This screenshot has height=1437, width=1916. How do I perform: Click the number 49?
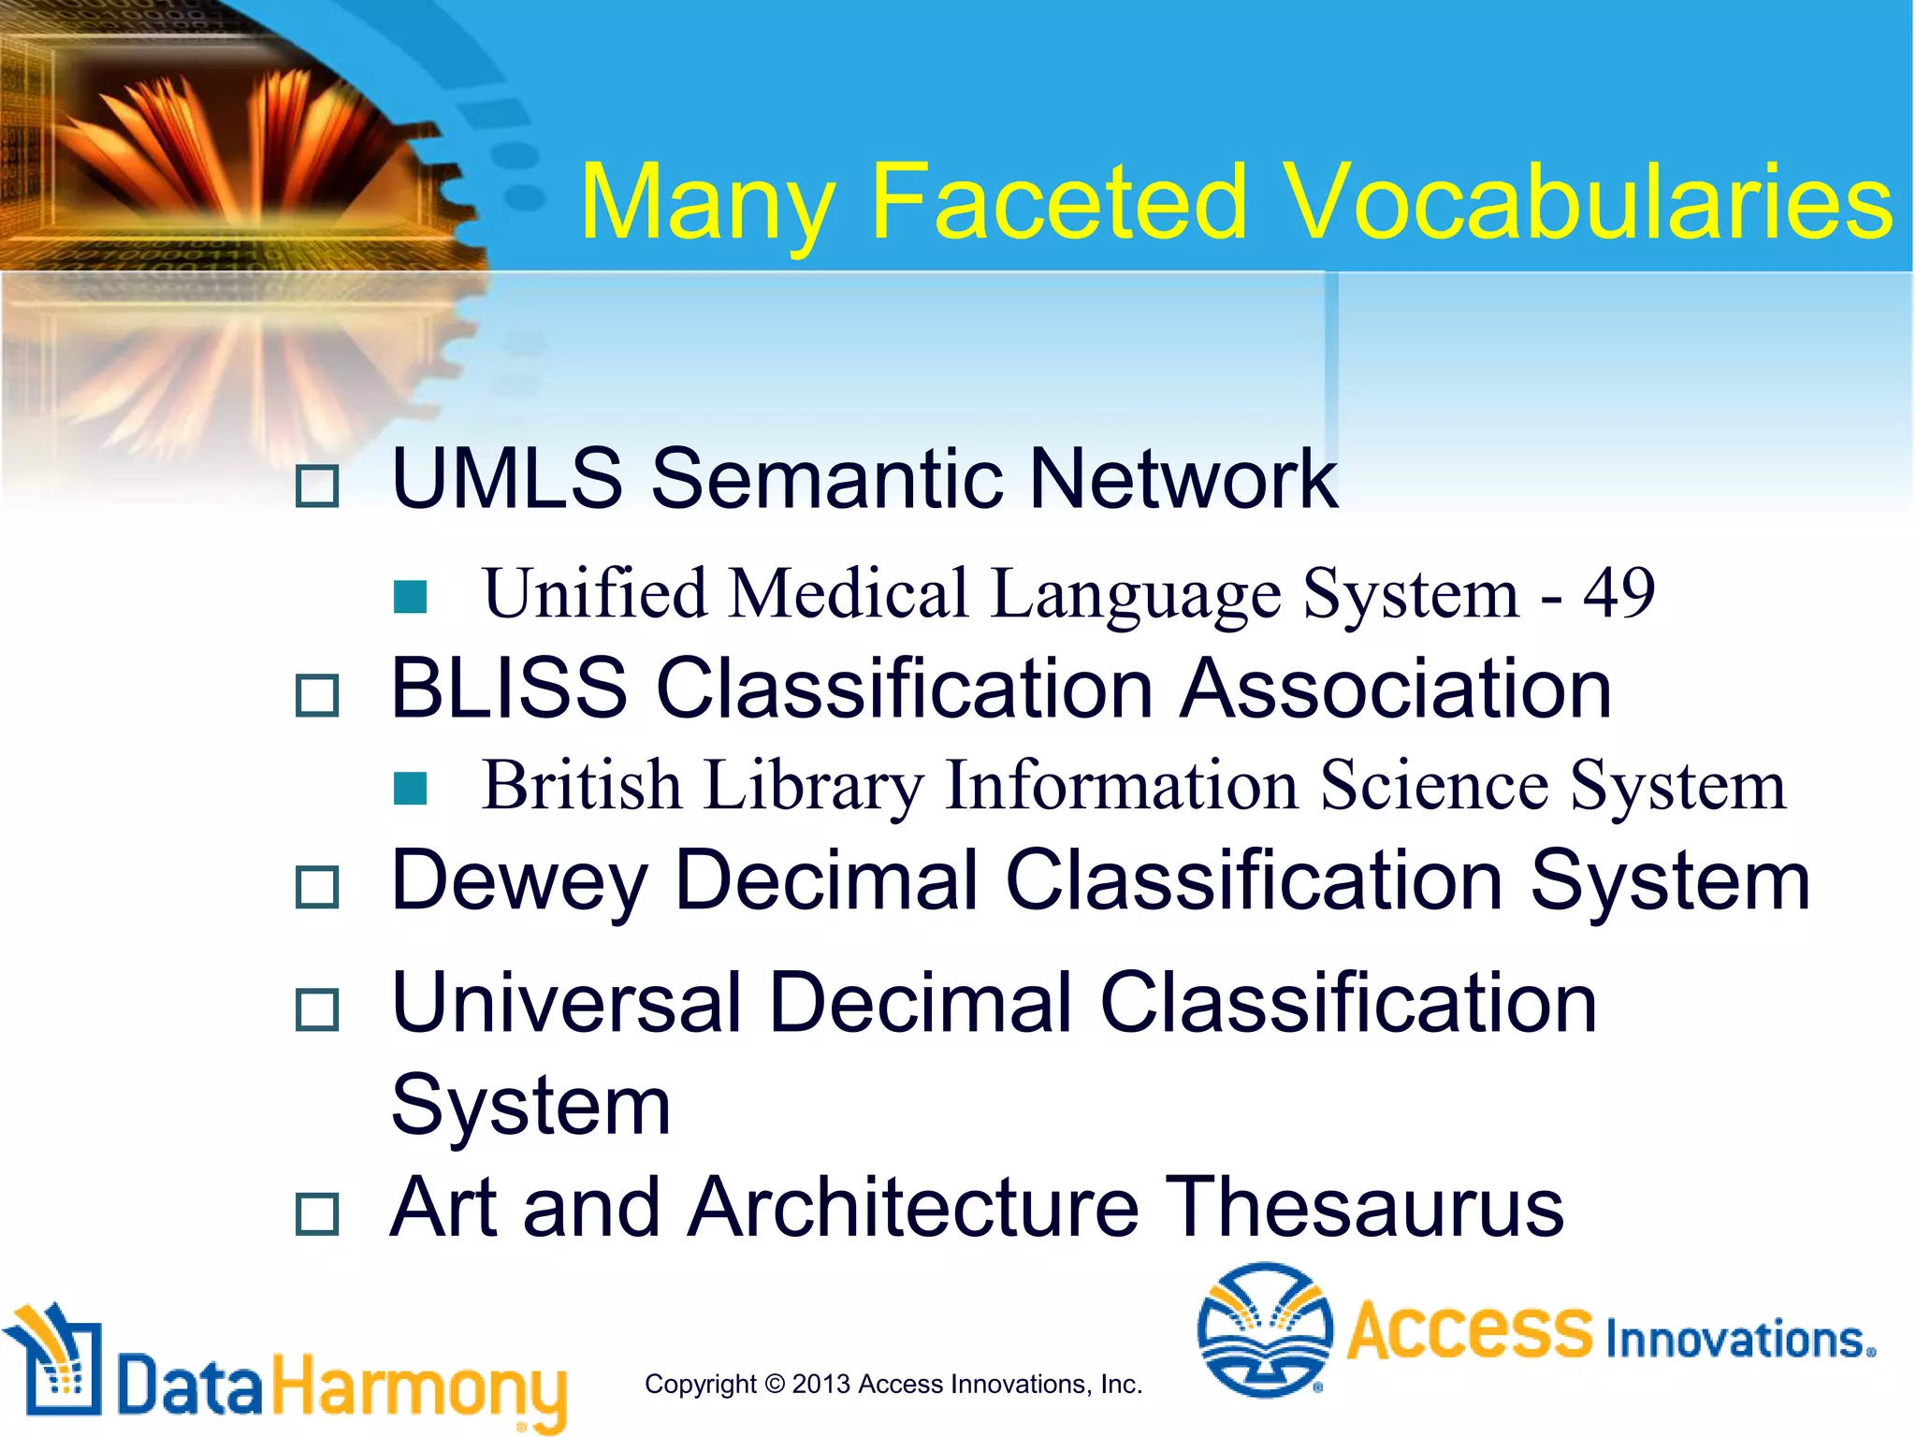(1618, 593)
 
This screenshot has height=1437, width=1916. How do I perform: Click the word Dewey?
(518, 882)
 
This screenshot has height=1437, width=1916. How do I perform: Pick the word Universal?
(567, 1004)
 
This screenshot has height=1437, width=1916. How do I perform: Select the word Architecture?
(914, 1208)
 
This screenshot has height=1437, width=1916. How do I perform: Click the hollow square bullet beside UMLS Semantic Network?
(316, 486)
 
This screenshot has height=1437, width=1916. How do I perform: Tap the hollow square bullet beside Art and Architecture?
(316, 1214)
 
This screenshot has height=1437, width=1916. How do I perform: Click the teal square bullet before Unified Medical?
(411, 597)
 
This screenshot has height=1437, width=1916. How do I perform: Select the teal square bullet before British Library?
(411, 788)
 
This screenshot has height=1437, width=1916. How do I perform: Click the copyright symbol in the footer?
(774, 1384)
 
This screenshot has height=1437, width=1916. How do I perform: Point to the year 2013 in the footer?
(821, 1384)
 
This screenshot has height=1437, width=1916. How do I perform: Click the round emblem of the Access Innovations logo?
(1264, 1329)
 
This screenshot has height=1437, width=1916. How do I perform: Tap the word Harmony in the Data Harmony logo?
(419, 1387)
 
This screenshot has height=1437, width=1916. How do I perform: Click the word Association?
(1396, 689)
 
